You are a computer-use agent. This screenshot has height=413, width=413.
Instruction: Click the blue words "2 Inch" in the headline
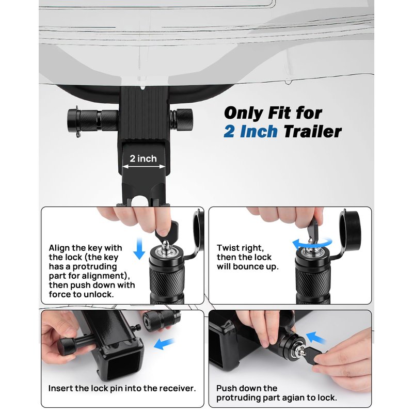(x=250, y=132)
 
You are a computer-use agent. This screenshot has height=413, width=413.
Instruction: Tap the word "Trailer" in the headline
(x=312, y=132)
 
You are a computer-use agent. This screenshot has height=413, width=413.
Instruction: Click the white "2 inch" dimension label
(x=143, y=158)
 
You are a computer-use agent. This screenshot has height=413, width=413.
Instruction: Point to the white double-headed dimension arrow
(x=144, y=166)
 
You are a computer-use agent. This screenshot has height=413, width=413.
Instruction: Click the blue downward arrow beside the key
(x=139, y=248)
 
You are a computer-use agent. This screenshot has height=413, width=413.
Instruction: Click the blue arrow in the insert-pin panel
(x=164, y=343)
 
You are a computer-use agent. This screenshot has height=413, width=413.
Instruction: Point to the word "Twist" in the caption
(x=228, y=248)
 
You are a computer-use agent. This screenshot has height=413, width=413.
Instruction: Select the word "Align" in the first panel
(x=59, y=248)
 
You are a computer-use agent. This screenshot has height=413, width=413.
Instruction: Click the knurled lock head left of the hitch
(x=93, y=120)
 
